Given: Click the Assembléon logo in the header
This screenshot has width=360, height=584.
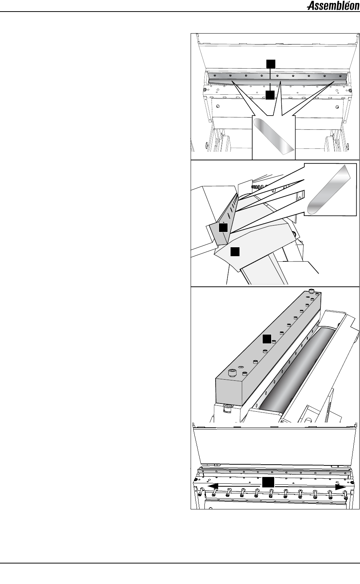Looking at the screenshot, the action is tap(333, 6).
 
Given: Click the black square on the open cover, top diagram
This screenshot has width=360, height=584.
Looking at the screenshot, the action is tap(270, 64).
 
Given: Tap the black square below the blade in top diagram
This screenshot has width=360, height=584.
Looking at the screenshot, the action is tap(270, 95).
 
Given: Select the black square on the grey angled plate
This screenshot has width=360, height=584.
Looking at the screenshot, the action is tap(223, 227).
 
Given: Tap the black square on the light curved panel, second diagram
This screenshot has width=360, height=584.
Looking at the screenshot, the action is tap(235, 252).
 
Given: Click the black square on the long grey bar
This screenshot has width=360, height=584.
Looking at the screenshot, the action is tap(267, 339).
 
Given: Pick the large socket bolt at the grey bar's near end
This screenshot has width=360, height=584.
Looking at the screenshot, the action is tap(232, 373).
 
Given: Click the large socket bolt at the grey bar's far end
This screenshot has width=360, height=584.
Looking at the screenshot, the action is tap(311, 291).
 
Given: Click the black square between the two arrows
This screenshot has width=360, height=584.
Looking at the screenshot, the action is tap(268, 482).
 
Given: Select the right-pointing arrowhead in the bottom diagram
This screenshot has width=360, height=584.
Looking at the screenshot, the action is tap(341, 487).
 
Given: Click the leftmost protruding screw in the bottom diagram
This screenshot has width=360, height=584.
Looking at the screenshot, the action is tap(200, 492).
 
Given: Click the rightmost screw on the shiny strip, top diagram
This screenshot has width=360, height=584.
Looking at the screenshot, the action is tap(340, 76).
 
